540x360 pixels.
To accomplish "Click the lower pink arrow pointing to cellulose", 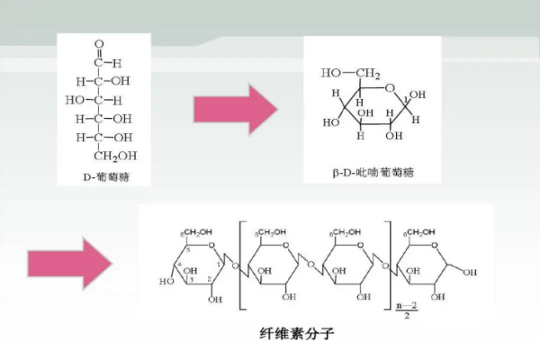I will coord(68,264).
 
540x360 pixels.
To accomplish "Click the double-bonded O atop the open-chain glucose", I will coord(99,42).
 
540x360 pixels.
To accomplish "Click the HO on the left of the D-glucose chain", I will coord(75,99).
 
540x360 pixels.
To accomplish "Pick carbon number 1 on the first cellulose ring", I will coord(218,266).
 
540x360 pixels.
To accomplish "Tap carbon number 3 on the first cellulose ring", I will coord(190,281).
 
